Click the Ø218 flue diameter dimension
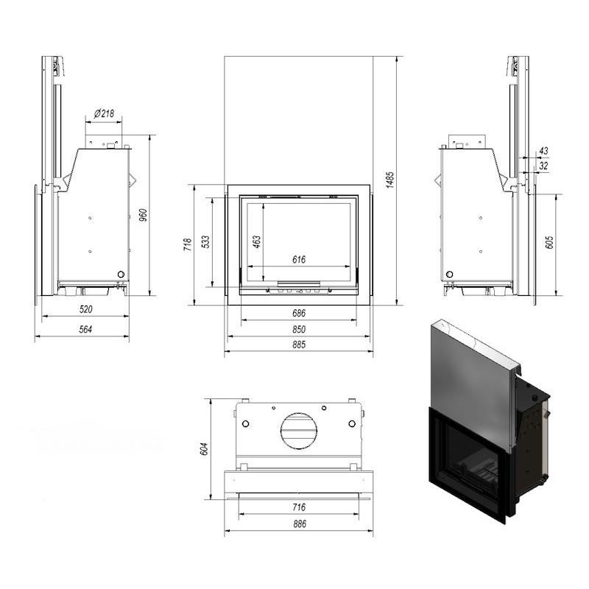pos(104,113)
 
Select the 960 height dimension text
pos(143,215)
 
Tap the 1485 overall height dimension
pos(390,180)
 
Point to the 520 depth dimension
pos(85,309)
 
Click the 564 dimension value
pos(85,329)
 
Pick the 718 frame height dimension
pos(188,244)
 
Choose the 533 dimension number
pos(205,242)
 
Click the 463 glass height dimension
pos(256,242)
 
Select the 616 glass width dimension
pos(299,259)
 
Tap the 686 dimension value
pos(299,313)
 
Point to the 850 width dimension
pos(299,329)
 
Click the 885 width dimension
pos(299,345)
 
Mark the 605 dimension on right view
pos(549,242)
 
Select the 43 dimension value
pos(543,151)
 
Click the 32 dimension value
pos(543,165)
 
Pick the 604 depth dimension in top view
pos(204,449)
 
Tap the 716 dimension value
pos(299,507)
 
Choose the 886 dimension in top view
pos(300,523)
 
